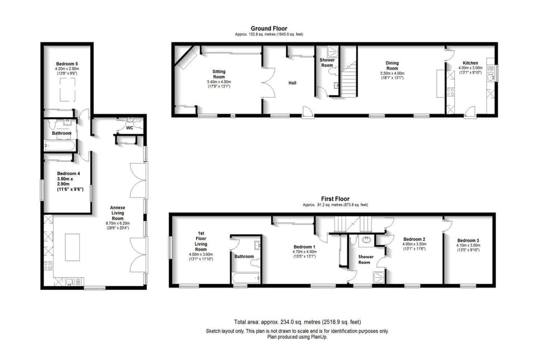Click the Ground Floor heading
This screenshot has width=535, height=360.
point(269,28)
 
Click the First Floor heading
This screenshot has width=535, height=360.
point(334,198)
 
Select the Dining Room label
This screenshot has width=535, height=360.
point(392,66)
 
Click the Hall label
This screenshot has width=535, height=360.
point(292,83)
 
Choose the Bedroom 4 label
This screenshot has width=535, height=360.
point(69,173)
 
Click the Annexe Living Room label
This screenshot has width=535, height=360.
point(117,212)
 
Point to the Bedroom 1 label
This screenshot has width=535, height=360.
point(305,247)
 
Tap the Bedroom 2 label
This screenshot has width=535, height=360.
point(414,239)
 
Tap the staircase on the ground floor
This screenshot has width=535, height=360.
point(348,80)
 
